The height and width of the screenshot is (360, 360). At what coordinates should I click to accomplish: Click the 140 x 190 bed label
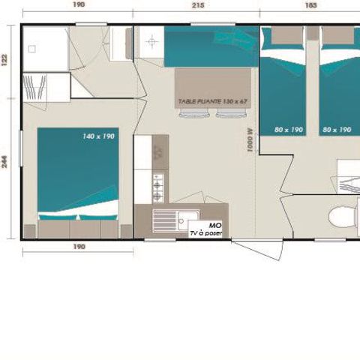coord(100,136)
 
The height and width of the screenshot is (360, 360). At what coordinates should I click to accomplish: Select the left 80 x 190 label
coord(289,130)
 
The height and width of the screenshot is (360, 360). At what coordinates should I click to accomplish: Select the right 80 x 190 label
coord(337,130)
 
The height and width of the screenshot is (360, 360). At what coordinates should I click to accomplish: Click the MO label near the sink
coord(215,224)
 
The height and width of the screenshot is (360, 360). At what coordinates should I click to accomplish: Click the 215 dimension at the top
coord(198,4)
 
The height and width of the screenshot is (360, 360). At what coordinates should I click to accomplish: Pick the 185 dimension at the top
coord(311,4)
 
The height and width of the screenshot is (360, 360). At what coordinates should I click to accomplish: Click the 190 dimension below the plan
coord(79,246)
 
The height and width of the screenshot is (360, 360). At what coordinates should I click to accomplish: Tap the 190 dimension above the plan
coord(79,4)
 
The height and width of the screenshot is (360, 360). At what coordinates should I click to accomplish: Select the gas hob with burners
coord(158,187)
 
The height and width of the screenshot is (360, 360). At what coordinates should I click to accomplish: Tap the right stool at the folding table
coord(226,113)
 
